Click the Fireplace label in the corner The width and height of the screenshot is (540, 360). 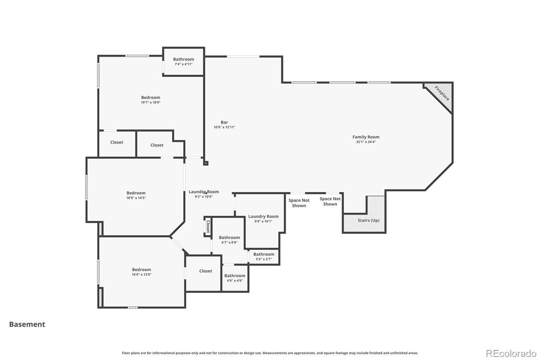tap(442, 93)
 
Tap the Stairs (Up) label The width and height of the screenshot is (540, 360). tap(368, 220)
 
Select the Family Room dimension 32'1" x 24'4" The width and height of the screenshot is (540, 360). tap(366, 142)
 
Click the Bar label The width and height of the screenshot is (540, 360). tap(224, 122)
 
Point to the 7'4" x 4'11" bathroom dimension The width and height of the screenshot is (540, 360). tap(184, 64)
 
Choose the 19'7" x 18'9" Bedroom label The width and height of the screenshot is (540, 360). tap(151, 98)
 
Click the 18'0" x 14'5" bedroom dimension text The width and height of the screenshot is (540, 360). tap(136, 198)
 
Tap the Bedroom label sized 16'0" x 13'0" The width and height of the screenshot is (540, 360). tap(141, 269)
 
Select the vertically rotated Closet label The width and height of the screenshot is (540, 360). tap(208, 227)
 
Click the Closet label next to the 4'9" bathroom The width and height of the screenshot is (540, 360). tap(206, 271)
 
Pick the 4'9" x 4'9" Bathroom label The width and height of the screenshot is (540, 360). tap(235, 276)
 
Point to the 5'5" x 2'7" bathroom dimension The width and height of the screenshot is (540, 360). tap(264, 259)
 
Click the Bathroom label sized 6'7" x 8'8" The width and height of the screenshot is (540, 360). tap(229, 237)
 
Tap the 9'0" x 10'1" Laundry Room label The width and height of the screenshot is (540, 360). tap(263, 216)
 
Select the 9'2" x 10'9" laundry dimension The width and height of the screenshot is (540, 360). tap(204, 197)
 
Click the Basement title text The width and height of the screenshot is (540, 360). tap(27, 324)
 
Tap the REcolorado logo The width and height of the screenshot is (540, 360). tap(511, 354)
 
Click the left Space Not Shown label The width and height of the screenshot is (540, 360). tap(299, 203)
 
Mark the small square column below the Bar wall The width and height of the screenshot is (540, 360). tap(206, 163)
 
